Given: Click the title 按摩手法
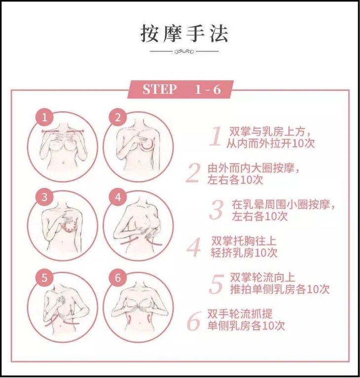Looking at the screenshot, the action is pyautogui.click(x=184, y=34).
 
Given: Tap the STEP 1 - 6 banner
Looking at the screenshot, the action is pyautogui.click(x=180, y=89).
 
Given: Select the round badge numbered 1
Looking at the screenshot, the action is pyautogui.click(x=44, y=117).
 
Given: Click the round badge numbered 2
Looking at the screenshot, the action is pyautogui.click(x=117, y=117).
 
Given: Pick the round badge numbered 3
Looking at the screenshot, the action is pyautogui.click(x=44, y=197).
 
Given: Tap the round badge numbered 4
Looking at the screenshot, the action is pyautogui.click(x=117, y=197).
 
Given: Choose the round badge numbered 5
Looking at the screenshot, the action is pyautogui.click(x=44, y=278).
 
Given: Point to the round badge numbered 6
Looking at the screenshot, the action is pyautogui.click(x=117, y=278).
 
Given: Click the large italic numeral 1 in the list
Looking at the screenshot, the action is pyautogui.click(x=216, y=136).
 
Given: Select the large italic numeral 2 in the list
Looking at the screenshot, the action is pyautogui.click(x=193, y=173).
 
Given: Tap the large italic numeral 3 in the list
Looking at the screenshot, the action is pyautogui.click(x=216, y=210).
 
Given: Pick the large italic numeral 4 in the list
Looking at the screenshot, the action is pyautogui.click(x=194, y=247).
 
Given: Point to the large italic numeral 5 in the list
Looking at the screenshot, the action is pyautogui.click(x=216, y=284).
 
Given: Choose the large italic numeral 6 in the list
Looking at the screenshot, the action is pyautogui.click(x=194, y=321).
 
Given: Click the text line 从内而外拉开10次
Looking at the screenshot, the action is pyautogui.click(x=271, y=144).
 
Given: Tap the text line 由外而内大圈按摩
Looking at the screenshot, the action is pyautogui.click(x=253, y=168).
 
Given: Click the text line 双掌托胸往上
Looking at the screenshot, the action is pyautogui.click(x=244, y=241).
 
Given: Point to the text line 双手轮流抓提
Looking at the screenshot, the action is pyautogui.click(x=240, y=314).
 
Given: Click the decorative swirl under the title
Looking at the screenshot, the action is pyautogui.click(x=184, y=51).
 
